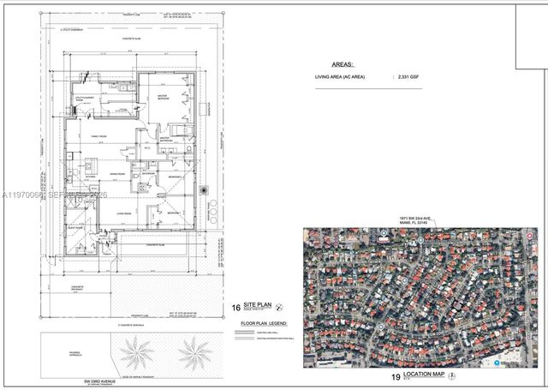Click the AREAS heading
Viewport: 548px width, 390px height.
pos(342,64)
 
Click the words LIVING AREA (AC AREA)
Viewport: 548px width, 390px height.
pos(342,77)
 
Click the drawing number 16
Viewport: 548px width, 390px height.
pos(236,307)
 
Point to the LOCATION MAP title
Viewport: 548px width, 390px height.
pos(429,376)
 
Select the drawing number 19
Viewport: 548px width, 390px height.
pos(396,377)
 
